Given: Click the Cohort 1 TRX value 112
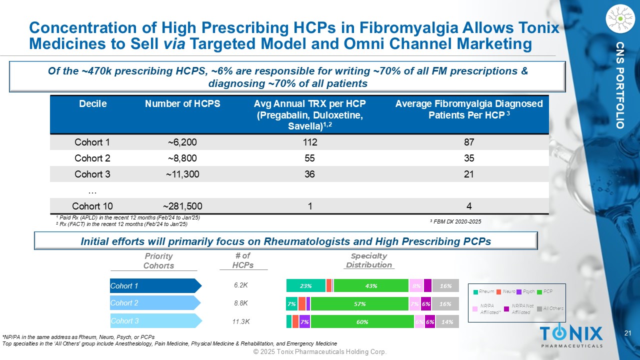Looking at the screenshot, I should [x=309, y=142].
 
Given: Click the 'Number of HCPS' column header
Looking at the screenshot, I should [x=182, y=104].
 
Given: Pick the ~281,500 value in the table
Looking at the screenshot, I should [x=182, y=206].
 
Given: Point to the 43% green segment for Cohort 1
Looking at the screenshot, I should [x=371, y=286].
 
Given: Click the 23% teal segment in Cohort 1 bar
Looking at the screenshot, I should [x=305, y=286].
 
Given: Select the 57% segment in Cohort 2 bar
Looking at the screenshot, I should [x=359, y=304].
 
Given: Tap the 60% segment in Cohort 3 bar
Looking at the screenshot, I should [x=362, y=322].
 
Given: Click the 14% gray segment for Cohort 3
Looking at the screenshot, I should [x=447, y=322].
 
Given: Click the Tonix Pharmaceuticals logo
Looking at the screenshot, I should [x=571, y=335].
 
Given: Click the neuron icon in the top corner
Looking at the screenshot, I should [x=620, y=19].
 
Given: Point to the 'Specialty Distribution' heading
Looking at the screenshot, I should [x=369, y=260].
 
